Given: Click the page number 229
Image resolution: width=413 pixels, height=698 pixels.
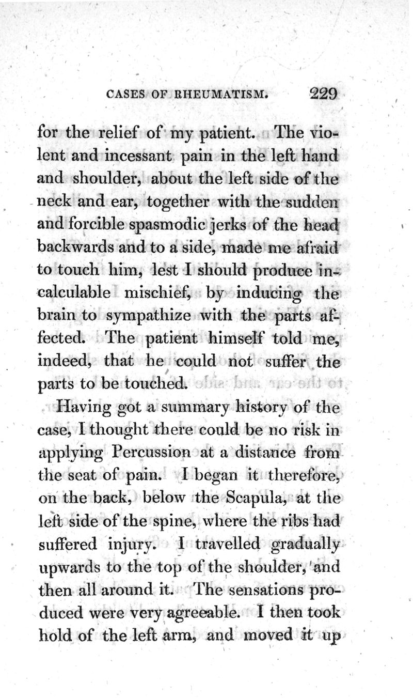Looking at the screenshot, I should pyautogui.click(x=324, y=95).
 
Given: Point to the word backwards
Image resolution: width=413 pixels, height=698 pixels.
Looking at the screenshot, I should pyautogui.click(x=69, y=246).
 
